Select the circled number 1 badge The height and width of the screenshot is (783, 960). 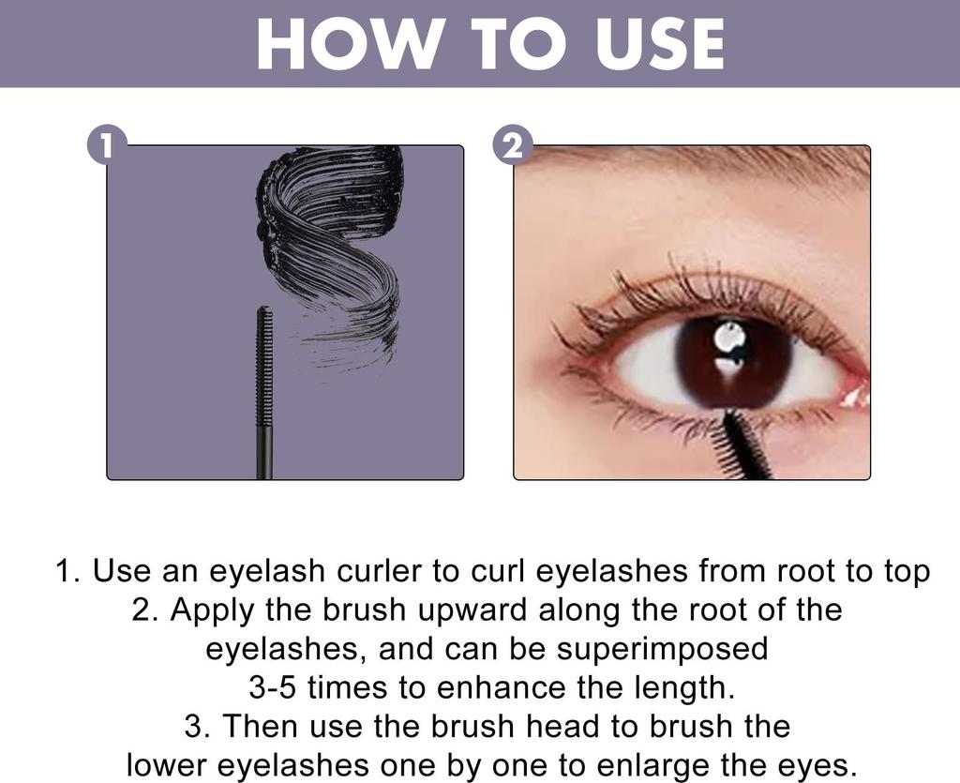point(105,146)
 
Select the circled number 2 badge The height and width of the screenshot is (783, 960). point(512,146)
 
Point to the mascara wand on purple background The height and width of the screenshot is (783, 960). point(264,394)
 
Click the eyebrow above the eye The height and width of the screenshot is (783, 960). point(712,159)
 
